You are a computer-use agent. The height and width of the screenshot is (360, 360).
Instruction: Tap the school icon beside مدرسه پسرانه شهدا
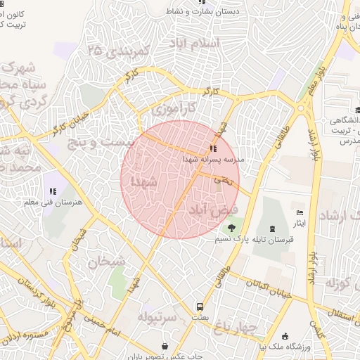click(x=212, y=148)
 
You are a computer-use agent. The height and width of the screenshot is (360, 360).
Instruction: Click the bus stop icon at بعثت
click(x=200, y=307)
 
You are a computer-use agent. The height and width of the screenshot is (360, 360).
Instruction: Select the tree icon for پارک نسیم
click(x=231, y=227)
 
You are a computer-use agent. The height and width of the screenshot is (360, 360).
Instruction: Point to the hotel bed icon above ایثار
click(x=300, y=212)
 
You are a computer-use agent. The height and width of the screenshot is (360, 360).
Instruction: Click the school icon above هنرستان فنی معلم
click(x=52, y=191)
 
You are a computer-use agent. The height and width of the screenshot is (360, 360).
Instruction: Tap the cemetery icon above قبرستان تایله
click(x=272, y=227)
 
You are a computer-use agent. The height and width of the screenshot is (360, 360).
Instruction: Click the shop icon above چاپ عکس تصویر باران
click(x=165, y=346)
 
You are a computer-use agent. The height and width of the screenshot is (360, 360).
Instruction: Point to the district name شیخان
click(x=105, y=262)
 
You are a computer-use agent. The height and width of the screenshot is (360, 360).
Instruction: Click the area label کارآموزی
click(x=179, y=110)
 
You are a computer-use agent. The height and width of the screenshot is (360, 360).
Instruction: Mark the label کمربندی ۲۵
click(x=120, y=51)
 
